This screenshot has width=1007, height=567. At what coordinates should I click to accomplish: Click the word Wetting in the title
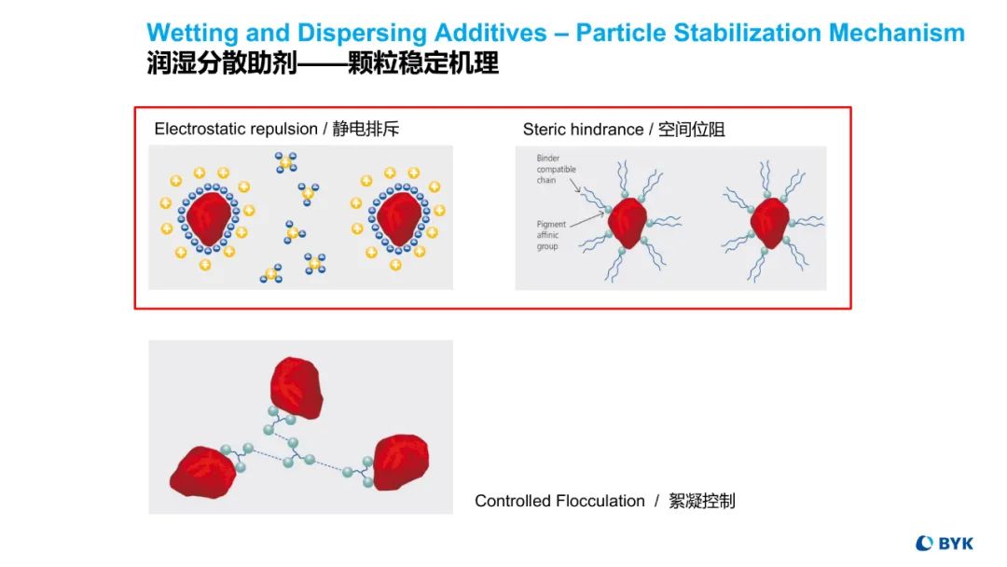(x=187, y=34)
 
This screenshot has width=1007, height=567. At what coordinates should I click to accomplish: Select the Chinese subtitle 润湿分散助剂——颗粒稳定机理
(x=323, y=63)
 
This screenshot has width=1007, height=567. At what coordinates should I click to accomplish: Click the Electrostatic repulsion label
(x=236, y=129)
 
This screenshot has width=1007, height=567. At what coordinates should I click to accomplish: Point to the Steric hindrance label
(x=583, y=130)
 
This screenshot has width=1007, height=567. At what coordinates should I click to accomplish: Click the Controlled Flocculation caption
(x=559, y=501)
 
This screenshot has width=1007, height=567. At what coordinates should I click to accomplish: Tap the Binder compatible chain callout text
(x=557, y=169)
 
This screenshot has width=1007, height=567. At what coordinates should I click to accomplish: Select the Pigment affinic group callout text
(x=551, y=235)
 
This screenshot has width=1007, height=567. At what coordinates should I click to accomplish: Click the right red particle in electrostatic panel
(x=398, y=218)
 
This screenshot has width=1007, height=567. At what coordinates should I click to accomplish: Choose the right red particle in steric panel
(x=770, y=222)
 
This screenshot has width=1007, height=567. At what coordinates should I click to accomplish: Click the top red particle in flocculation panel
(x=296, y=386)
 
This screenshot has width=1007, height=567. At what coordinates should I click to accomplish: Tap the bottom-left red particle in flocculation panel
(x=203, y=472)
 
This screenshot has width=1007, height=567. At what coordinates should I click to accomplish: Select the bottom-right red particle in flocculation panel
(x=401, y=461)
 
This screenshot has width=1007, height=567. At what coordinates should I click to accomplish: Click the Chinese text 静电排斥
(x=366, y=129)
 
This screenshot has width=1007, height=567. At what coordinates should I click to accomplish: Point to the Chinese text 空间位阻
(x=691, y=130)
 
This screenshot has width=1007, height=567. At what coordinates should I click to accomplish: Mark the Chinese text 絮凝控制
(x=701, y=501)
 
